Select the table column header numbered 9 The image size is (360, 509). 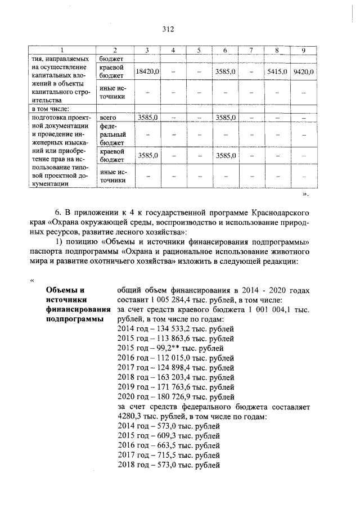[x=303, y=51]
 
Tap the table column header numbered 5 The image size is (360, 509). [x=199, y=51]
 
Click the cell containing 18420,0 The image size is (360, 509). [x=147, y=72]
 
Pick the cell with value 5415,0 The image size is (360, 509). [x=277, y=72]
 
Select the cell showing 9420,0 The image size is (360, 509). [x=303, y=72]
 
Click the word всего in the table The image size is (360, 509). [x=108, y=118]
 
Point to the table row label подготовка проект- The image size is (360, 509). [x=62, y=118]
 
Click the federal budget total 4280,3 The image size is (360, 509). [x=130, y=417]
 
